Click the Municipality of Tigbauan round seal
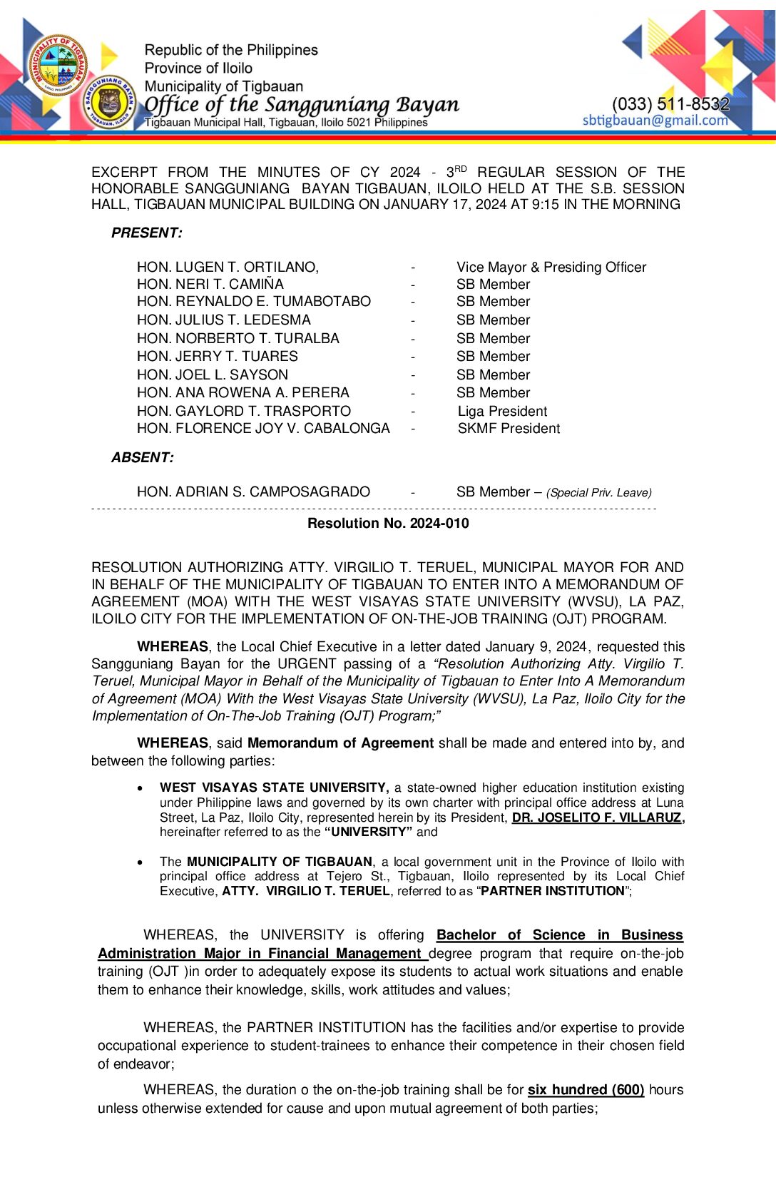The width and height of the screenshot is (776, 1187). point(58,65)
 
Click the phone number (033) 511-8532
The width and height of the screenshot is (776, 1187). point(670,104)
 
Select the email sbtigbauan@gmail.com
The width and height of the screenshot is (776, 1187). point(655,120)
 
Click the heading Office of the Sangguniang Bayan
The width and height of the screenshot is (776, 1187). point(302,104)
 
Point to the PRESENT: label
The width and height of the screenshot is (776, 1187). point(146,233)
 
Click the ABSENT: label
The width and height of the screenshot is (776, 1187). point(142,457)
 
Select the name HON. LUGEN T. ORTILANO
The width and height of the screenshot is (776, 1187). point(228,267)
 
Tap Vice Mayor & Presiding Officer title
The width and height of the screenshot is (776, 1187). point(551,267)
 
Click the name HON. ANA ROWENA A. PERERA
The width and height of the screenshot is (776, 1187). point(242,392)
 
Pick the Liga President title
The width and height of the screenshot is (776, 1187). point(502,411)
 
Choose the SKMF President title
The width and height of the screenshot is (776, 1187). point(509,428)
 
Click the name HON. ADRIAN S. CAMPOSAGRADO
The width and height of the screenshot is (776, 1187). point(253,491)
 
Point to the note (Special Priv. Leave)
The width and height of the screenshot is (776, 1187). point(598,492)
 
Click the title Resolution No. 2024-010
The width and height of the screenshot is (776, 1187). point(388,523)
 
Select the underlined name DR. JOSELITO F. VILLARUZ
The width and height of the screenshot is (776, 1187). point(597,817)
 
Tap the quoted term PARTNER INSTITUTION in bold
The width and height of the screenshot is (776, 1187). point(553,890)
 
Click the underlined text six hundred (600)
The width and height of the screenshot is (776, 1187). point(586,1089)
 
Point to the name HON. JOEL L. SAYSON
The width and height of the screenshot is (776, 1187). point(213,375)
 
